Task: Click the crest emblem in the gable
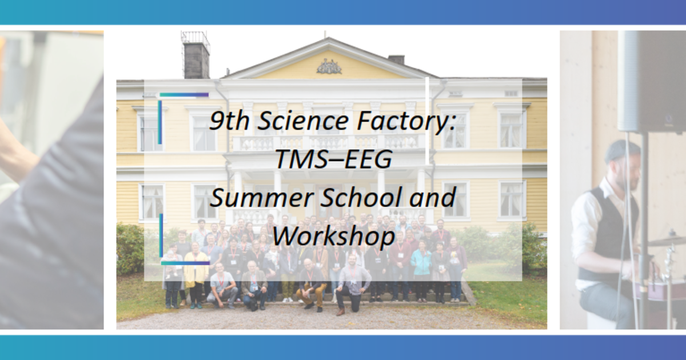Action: click(x=329, y=67)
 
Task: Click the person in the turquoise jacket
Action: click(x=421, y=263)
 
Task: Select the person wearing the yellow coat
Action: click(x=195, y=269)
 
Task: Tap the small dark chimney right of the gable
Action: click(x=396, y=59)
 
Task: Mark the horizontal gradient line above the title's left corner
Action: click(x=184, y=95)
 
